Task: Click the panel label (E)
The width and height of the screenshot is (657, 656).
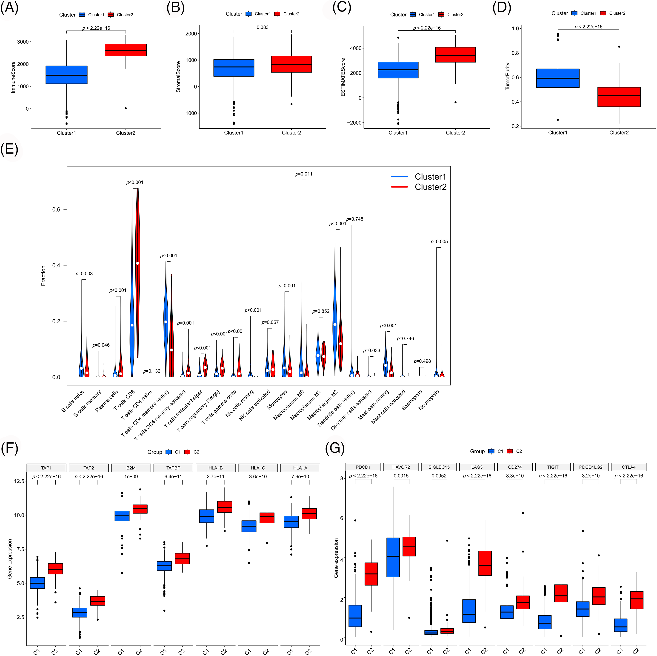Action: [9, 149]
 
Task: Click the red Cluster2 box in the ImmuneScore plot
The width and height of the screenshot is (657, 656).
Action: [126, 50]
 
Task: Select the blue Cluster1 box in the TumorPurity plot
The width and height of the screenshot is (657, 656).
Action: [558, 78]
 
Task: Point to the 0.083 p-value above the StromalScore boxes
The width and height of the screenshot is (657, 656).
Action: [262, 27]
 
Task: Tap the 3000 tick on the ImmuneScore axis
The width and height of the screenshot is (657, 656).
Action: [23, 42]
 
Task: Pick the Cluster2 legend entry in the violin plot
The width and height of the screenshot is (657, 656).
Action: [430, 187]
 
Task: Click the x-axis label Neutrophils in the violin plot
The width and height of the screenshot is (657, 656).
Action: [429, 400]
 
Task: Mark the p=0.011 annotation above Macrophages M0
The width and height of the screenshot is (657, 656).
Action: [304, 174]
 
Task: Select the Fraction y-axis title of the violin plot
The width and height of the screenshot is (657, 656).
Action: [43, 275]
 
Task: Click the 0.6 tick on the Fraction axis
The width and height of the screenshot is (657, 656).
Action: [56, 209]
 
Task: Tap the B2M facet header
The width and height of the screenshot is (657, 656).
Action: [131, 468]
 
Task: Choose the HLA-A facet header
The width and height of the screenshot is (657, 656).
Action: [300, 468]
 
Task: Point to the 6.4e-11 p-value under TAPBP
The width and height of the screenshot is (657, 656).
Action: [173, 476]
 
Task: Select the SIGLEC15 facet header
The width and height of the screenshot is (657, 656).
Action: [439, 467]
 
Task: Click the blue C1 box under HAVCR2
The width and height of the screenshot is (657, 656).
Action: [393, 557]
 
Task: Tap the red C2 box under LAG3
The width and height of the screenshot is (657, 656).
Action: [485, 563]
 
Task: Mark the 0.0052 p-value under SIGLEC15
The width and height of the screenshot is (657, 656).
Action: [439, 476]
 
